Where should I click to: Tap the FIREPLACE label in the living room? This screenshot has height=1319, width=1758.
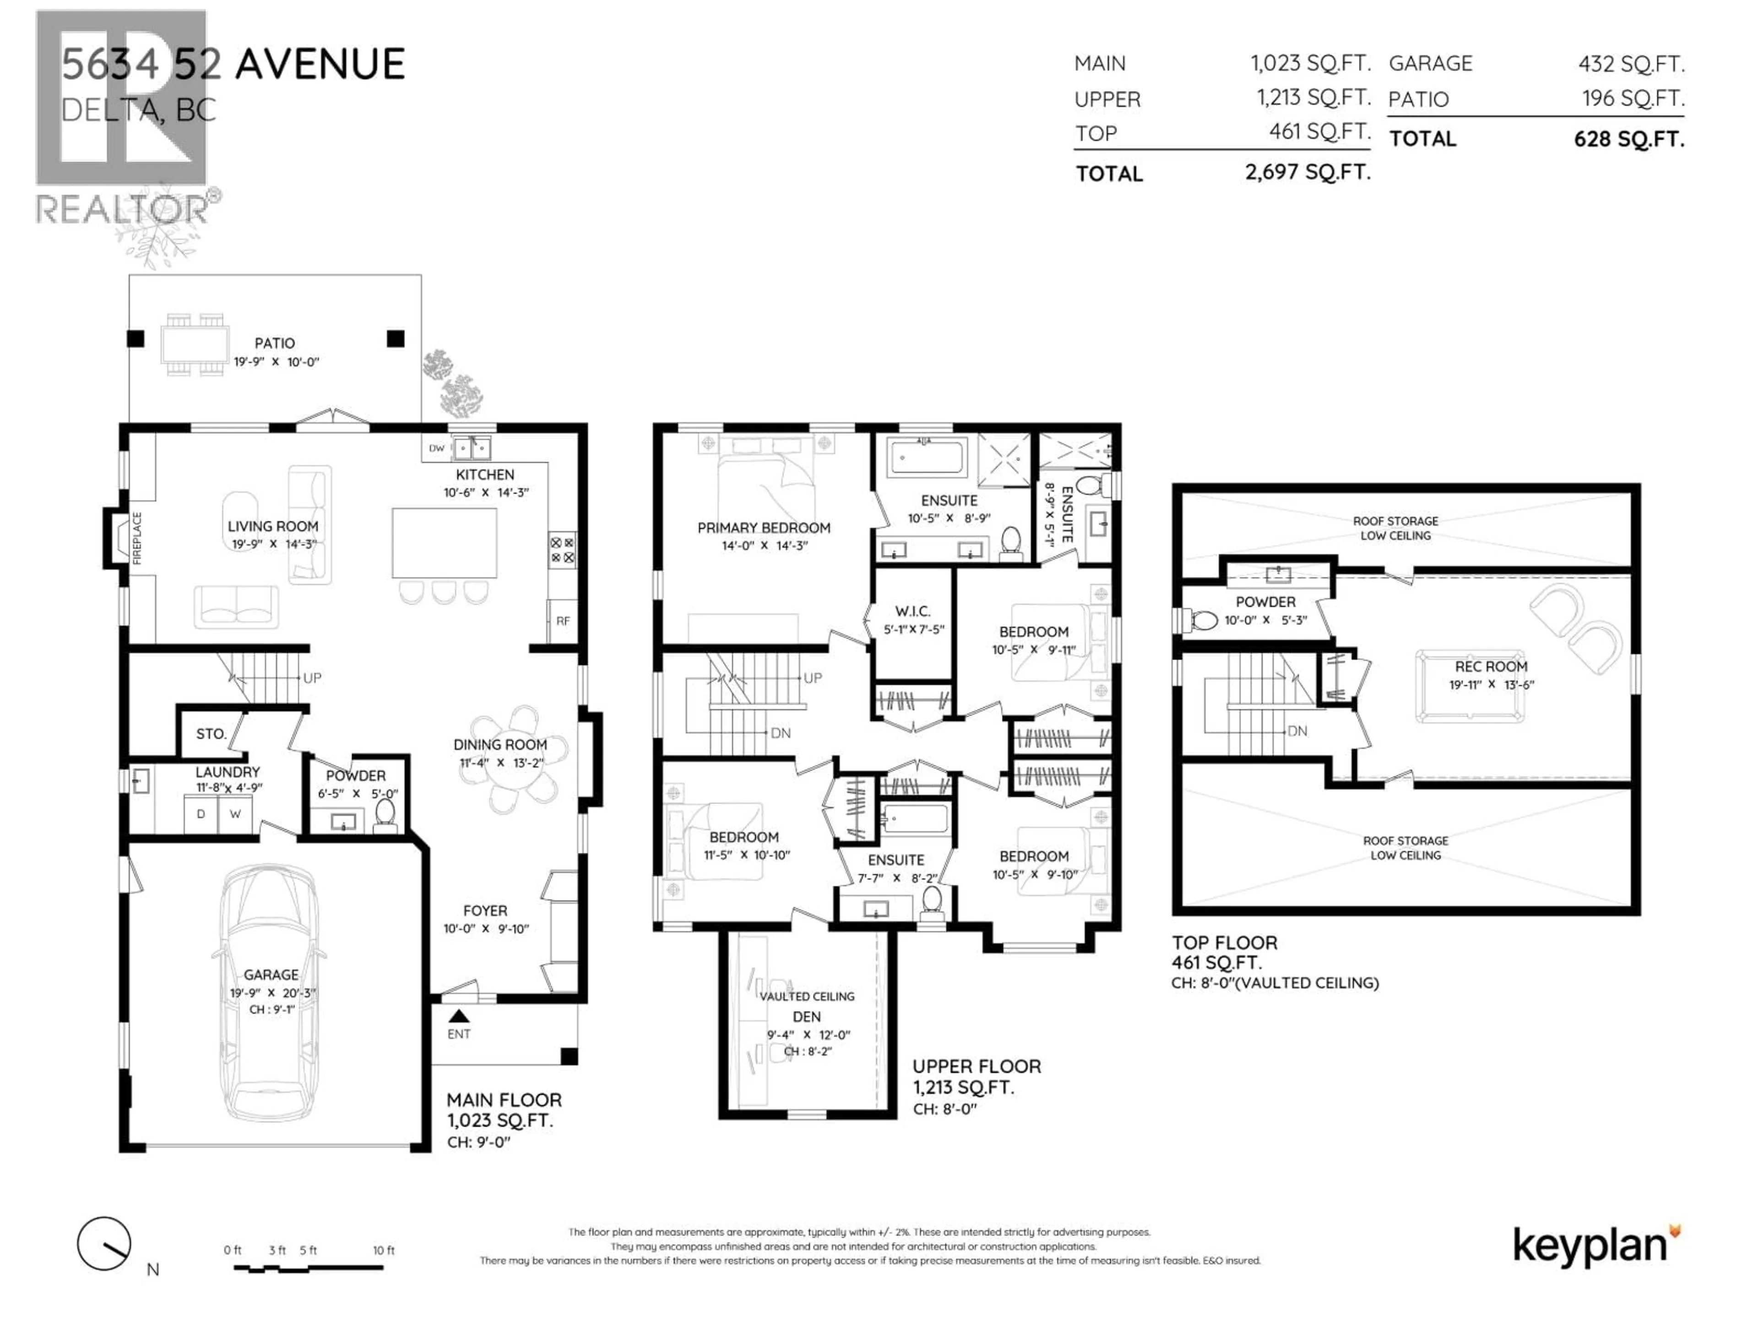point(137,538)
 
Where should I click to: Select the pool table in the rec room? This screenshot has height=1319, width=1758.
point(1470,686)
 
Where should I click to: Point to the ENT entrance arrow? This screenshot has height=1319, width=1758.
point(459,1016)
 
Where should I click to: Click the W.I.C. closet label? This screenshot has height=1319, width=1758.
point(912,611)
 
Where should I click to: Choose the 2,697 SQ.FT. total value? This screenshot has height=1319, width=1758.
point(1308,172)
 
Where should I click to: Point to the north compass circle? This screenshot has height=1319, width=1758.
point(104,1243)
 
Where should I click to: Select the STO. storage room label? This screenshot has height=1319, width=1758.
point(211,734)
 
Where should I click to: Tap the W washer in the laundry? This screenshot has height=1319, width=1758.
point(235,814)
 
